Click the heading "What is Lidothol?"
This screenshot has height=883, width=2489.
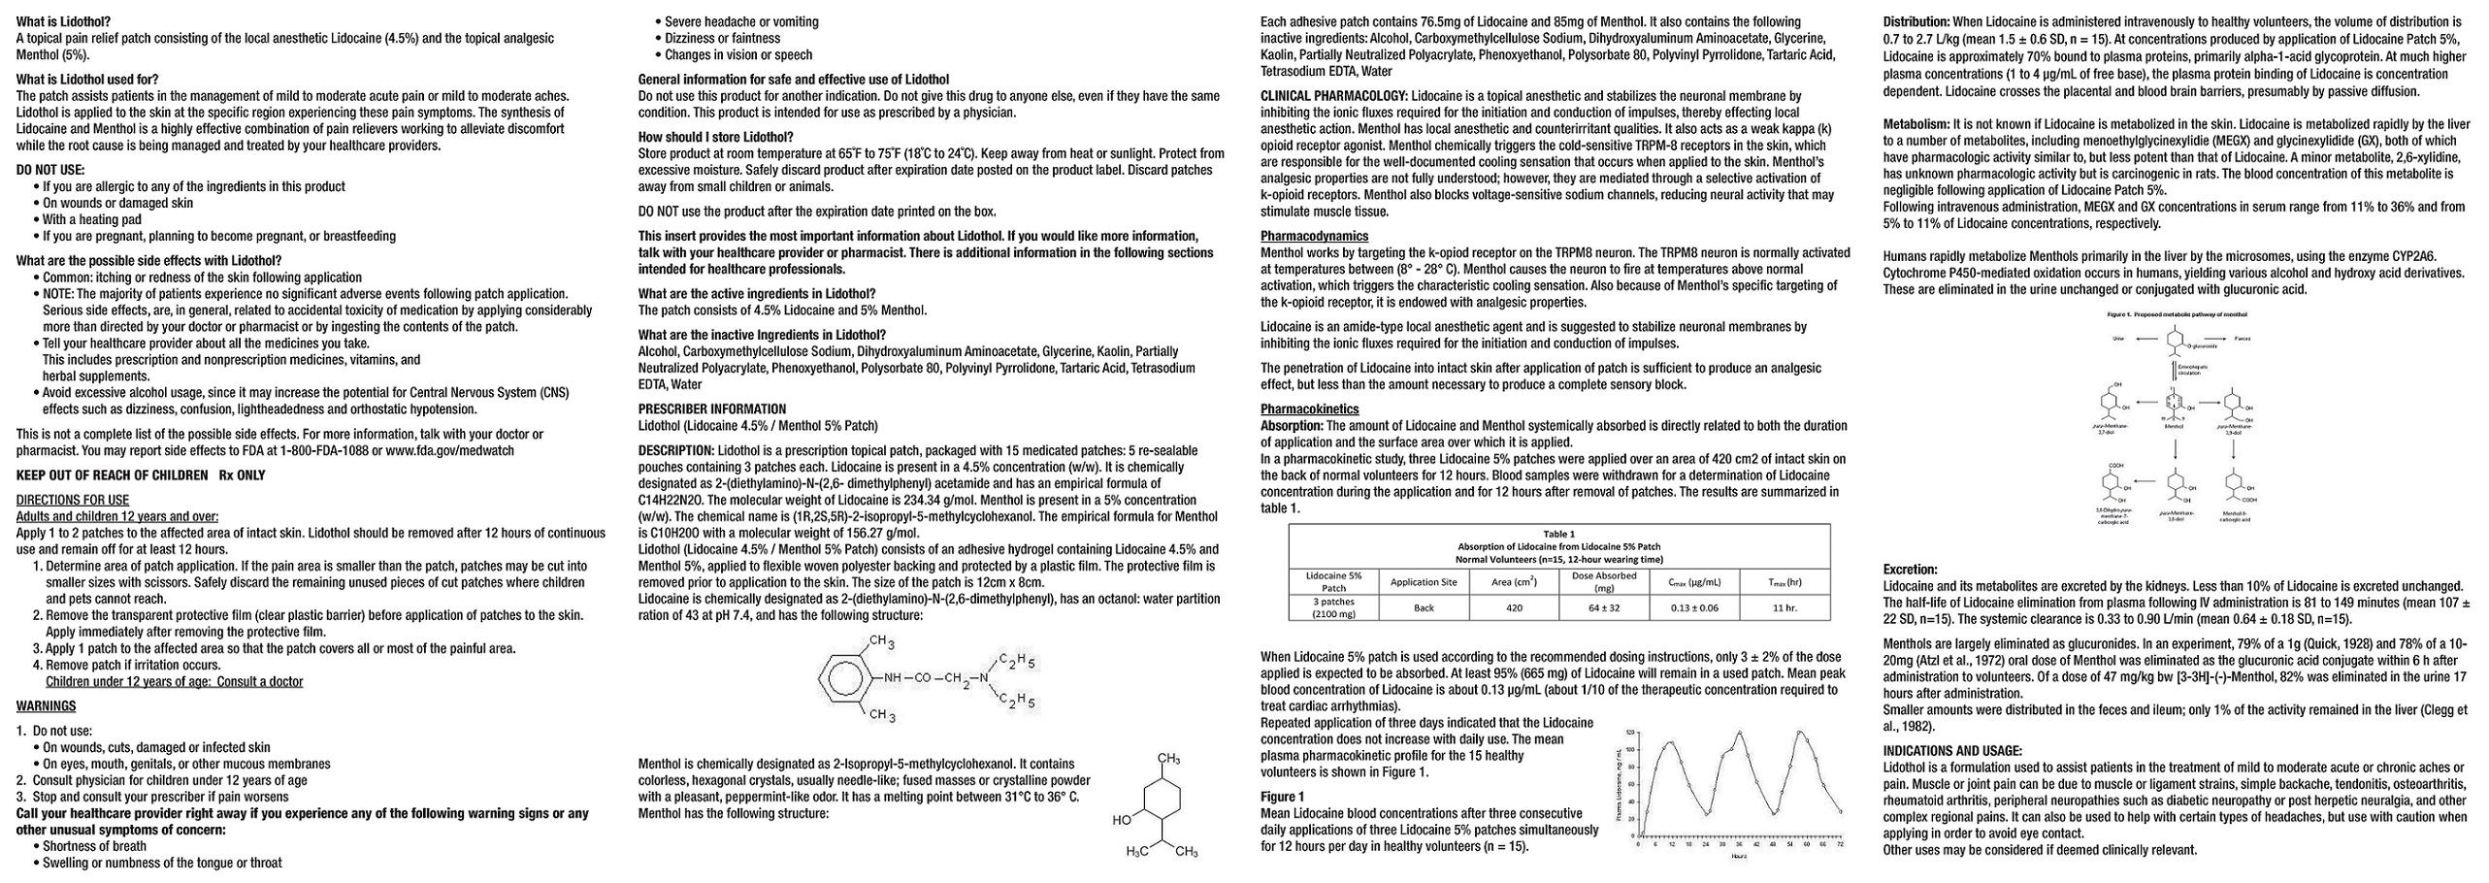pos(63,21)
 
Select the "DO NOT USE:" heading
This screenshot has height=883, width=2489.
pos(50,170)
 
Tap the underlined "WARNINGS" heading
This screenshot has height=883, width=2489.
pos(46,706)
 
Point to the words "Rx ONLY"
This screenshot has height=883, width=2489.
pos(242,475)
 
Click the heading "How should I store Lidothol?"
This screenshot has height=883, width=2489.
pos(715,137)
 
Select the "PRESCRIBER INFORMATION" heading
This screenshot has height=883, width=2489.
pos(712,409)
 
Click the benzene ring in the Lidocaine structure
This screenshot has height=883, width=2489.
pos(841,677)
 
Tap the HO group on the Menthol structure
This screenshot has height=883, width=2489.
pos(1122,820)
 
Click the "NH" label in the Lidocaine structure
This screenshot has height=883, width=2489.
pos(894,677)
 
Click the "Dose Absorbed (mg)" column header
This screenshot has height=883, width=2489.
pos(1604,581)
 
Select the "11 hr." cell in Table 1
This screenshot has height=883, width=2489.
pos(1785,608)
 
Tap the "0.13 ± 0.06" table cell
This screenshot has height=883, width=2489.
pos(1694,608)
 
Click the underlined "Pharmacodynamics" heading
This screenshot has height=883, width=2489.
pos(1314,236)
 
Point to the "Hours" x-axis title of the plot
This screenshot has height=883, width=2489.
pos(1738,856)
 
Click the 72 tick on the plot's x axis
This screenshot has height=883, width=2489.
pos(1840,845)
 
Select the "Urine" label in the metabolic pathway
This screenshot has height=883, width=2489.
pos(2119,339)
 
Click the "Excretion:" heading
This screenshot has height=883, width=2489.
pos(1910,570)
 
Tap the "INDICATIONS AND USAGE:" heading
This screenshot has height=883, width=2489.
pos(1952,751)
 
